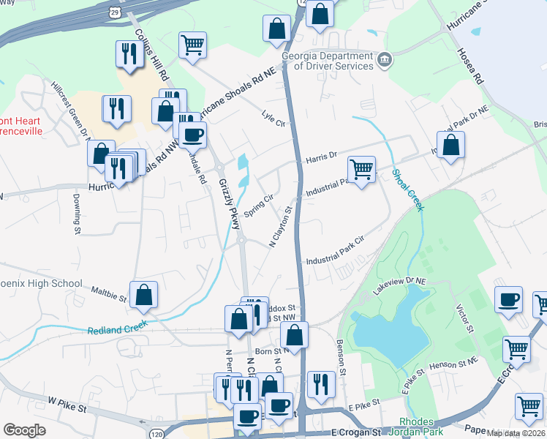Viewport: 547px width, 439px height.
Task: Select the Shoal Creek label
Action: click(407, 190)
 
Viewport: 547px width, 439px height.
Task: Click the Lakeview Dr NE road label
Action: click(399, 286)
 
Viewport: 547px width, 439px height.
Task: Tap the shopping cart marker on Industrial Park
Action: click(361, 170)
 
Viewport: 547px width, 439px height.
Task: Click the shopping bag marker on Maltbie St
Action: click(144, 295)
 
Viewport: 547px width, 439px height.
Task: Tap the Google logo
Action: click(24, 430)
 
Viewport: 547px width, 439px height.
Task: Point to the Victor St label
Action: click(464, 317)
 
